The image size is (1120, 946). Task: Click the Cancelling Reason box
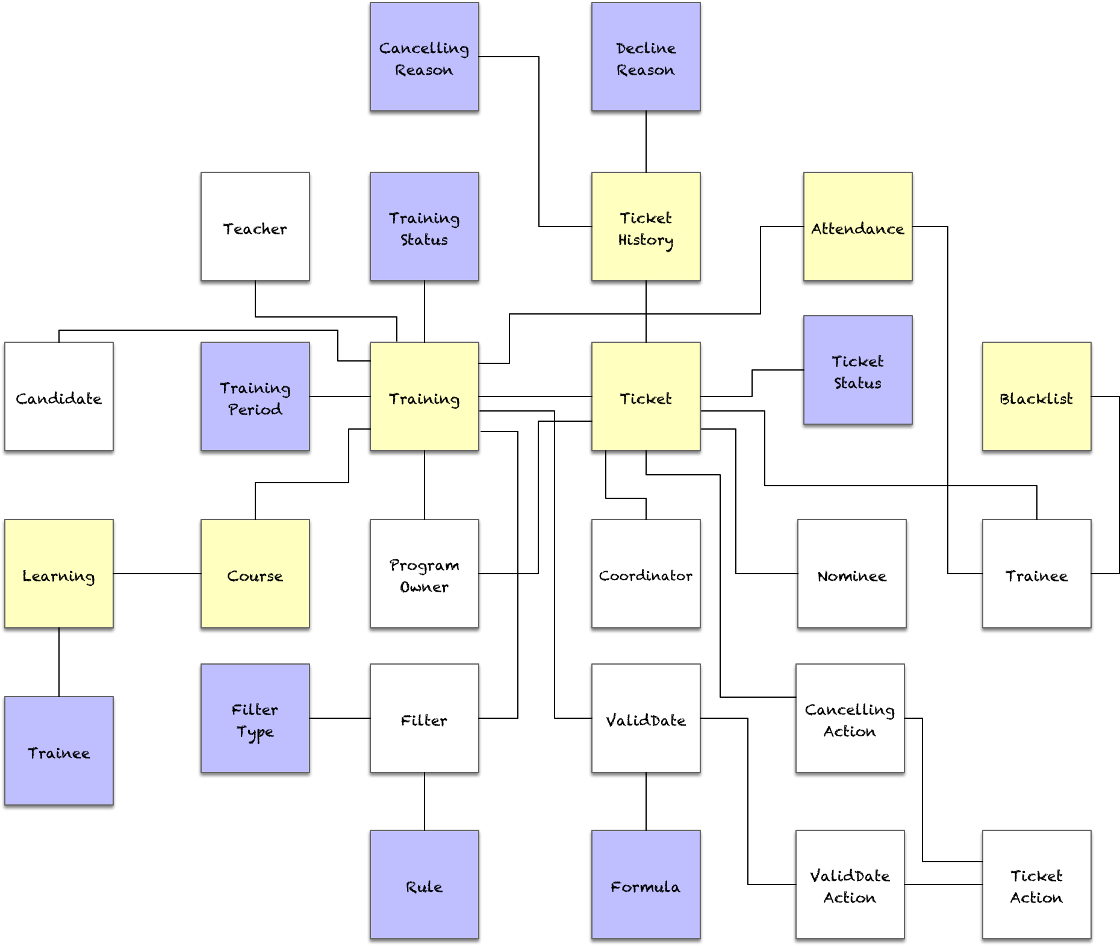424,57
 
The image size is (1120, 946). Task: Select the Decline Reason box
646,57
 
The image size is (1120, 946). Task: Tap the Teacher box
255,227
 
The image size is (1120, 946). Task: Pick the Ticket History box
646,227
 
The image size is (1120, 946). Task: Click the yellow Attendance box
857,227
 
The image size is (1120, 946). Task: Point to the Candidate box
59,396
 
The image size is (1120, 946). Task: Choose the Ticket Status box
857,370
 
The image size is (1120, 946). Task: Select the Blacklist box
1036,396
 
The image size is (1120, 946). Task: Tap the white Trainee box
1036,574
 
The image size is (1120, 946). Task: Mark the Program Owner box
424,574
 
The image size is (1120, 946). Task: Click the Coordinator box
646,574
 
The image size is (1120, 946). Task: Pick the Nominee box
851,574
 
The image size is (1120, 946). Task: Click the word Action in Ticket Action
1036,898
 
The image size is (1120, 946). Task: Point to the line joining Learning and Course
157,574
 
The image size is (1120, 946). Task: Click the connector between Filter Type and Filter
340,718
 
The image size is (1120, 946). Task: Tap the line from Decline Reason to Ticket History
646,142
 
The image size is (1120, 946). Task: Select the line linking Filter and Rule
425,801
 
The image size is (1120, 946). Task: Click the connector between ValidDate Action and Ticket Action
943,885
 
